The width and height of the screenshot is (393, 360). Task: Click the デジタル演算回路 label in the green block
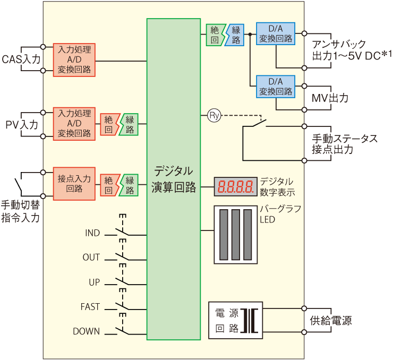pos(174,179)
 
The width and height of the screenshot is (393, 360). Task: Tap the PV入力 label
pos(22,125)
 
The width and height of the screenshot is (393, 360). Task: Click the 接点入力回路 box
pos(74,184)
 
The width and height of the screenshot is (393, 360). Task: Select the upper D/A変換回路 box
pos(276,34)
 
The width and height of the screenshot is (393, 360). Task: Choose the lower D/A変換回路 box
pos(276,86)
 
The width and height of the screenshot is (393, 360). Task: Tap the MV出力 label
pos(330,98)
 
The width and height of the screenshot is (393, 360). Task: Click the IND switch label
pos(92,233)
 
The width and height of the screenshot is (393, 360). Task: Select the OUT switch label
pos(91,258)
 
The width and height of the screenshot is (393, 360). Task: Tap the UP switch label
pos(94,282)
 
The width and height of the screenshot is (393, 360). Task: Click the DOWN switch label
pos(86,331)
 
